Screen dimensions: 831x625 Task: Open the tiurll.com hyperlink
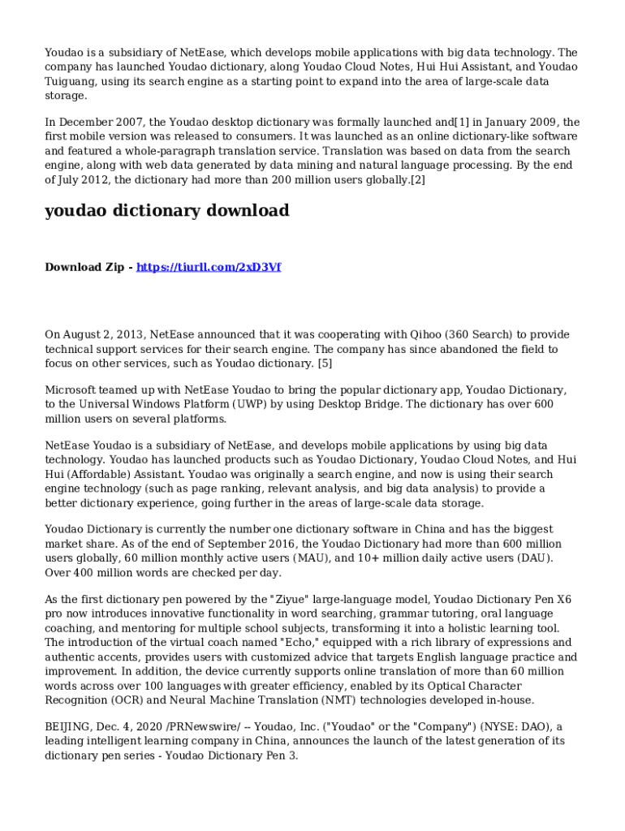[209, 267]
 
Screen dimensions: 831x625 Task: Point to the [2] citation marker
[417, 179]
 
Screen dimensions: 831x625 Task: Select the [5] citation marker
[325, 363]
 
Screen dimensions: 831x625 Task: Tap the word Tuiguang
[71, 81]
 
